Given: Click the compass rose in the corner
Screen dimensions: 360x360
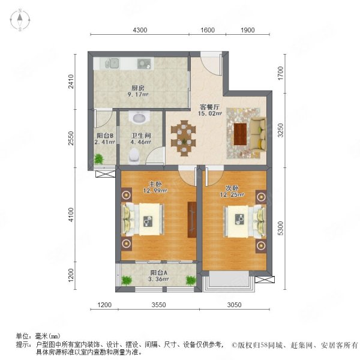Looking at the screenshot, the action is click(20, 20).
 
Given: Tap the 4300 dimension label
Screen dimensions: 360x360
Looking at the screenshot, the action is click(140, 30).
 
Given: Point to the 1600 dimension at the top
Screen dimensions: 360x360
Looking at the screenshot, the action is click(208, 30).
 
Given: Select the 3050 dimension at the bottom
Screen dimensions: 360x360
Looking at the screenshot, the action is click(234, 305).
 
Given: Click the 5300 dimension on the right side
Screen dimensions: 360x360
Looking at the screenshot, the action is click(281, 228).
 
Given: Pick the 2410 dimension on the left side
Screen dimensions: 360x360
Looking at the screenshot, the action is click(71, 81).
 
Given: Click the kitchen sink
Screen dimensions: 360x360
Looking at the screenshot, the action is click(112, 63).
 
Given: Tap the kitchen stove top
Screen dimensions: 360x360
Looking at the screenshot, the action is click(144, 64).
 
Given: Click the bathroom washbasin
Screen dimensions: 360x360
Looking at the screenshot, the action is click(139, 117).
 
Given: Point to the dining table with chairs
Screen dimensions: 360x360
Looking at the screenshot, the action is click(183, 138).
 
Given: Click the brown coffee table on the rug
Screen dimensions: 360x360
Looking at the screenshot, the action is click(240, 134).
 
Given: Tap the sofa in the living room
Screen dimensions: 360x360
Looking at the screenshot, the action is click(258, 134).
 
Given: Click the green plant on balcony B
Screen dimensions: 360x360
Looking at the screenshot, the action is click(99, 159).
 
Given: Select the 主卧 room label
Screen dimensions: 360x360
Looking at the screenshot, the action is click(155, 184).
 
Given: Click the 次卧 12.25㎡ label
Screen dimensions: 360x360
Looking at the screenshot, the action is click(232, 191).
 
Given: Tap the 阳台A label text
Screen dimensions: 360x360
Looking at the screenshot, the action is click(159, 272).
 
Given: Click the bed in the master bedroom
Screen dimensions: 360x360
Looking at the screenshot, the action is click(142, 219).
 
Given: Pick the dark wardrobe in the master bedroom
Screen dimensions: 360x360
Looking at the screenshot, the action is click(192, 220).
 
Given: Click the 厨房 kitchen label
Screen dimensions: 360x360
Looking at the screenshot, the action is click(138, 88).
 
